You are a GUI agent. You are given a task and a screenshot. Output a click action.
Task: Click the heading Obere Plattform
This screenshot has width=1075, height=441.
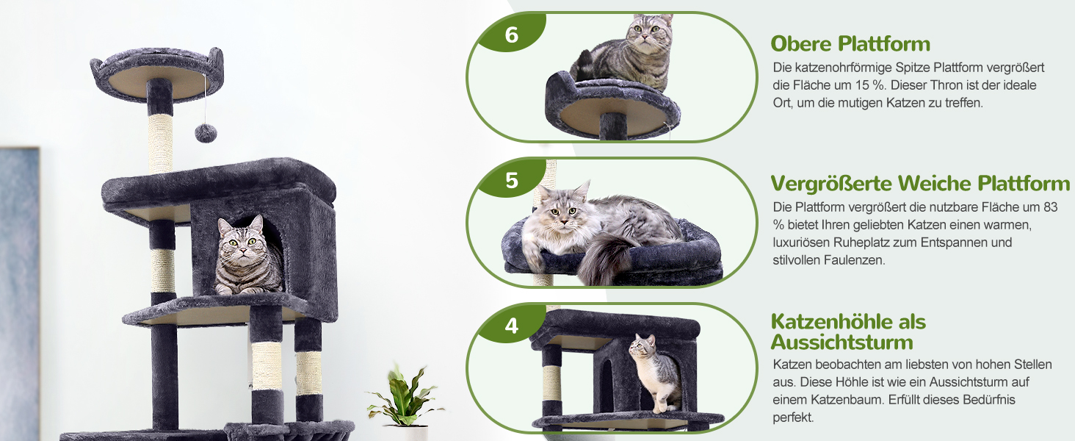coord(850,43)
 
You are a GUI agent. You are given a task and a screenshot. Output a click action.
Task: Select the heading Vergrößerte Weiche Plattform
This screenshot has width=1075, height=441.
coord(920,184)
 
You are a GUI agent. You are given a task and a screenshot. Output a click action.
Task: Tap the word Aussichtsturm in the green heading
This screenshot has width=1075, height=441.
coord(841,343)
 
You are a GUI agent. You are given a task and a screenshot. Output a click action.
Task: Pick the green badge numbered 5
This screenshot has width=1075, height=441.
coord(511,179)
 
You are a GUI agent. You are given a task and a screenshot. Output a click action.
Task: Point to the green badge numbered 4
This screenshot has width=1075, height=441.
coord(511,324)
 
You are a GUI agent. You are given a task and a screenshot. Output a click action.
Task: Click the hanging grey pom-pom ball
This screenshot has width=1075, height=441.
coord(206,133)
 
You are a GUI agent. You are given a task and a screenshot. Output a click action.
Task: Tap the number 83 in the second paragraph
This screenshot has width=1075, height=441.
coord(1050,207)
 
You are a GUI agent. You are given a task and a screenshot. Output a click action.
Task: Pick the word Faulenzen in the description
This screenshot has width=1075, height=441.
coord(854,260)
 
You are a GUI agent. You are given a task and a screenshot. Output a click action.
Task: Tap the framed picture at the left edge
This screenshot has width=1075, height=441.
coord(19,294)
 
